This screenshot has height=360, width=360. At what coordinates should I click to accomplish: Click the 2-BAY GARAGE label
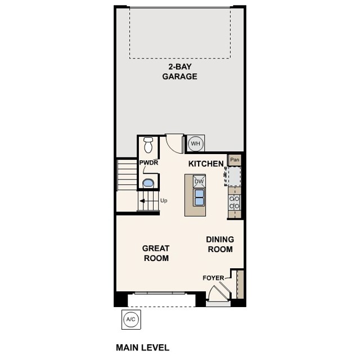click(180, 71)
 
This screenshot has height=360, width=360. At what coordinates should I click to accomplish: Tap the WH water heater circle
click(195, 143)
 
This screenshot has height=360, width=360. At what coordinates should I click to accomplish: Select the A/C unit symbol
click(130, 319)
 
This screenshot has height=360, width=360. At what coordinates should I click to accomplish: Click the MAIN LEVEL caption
click(142, 348)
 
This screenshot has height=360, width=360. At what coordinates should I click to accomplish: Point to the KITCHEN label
click(206, 163)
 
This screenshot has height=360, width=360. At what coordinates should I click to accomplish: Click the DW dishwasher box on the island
click(199, 181)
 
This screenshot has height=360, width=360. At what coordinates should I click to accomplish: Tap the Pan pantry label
click(235, 159)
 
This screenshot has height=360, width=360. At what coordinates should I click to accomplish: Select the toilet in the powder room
click(148, 145)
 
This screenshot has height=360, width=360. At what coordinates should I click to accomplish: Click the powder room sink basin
click(148, 183)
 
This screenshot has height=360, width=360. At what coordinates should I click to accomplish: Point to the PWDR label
click(149, 163)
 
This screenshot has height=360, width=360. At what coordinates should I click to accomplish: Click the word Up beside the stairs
click(164, 200)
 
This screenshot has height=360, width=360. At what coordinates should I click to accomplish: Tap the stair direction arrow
click(145, 200)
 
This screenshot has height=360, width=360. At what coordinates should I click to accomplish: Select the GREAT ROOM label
click(156, 253)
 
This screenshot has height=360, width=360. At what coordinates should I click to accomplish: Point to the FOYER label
click(213, 278)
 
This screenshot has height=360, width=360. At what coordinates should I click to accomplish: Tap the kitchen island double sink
click(199, 197)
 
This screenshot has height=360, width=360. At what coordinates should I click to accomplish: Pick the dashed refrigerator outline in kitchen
click(234, 175)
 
